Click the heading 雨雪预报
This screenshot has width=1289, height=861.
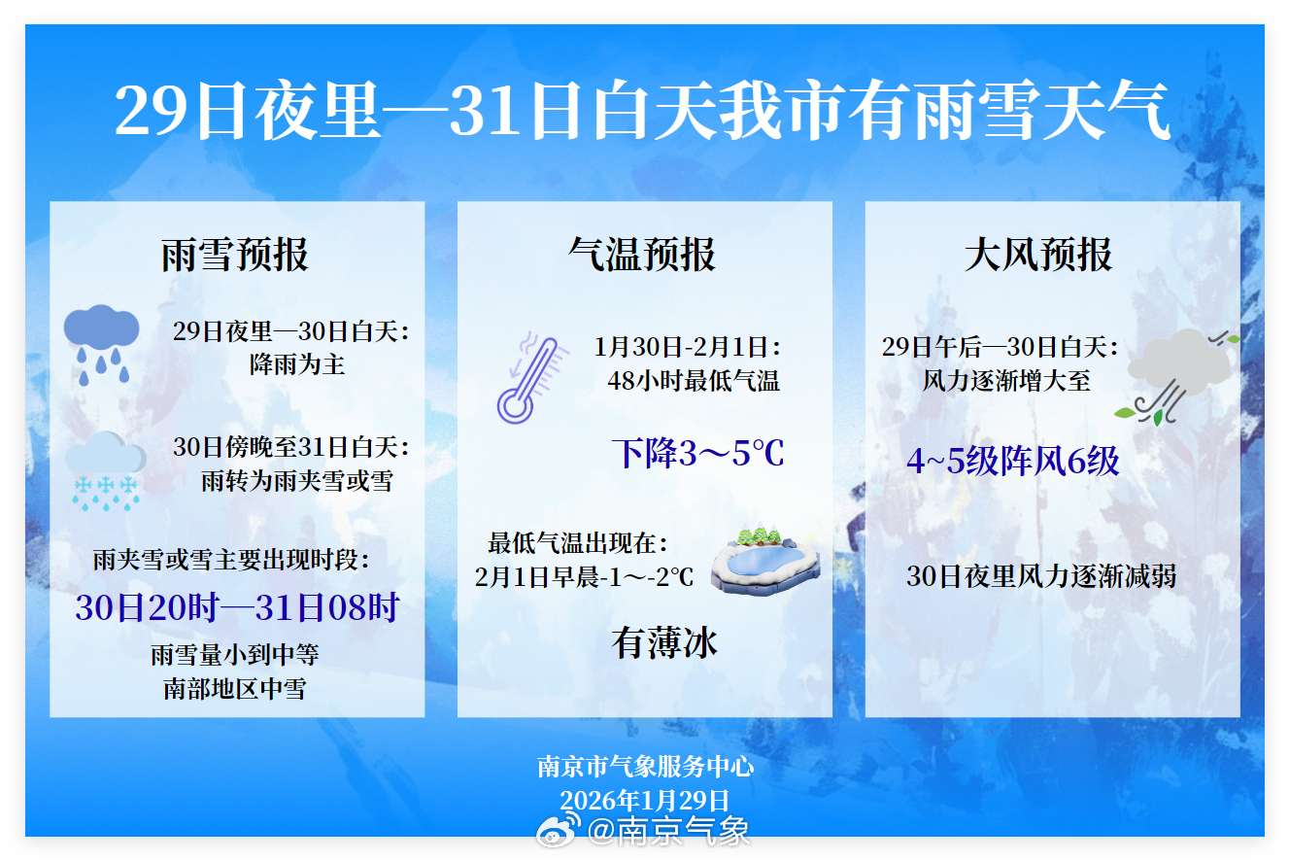[x=235, y=255]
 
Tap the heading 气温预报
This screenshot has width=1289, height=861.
[x=642, y=255]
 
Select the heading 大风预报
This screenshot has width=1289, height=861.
[x=1038, y=255]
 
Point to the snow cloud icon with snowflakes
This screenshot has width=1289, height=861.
[x=105, y=472]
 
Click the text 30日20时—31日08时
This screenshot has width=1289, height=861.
[x=237, y=608]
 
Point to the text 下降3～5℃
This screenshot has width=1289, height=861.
[x=697, y=454]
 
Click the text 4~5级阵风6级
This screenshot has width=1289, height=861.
[x=1012, y=461]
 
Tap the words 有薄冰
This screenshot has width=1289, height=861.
[x=664, y=642]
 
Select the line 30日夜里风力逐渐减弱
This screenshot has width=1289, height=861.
[x=1041, y=576]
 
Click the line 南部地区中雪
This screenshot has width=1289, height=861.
[x=235, y=689]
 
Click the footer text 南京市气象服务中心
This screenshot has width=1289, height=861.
[x=645, y=767]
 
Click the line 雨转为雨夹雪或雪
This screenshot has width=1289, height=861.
[x=297, y=480]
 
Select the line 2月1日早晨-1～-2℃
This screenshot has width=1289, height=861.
[x=585, y=576]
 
